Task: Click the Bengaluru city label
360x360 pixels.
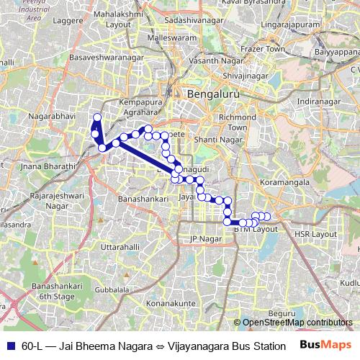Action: [x=207, y=94]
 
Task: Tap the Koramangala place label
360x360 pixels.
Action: [x=286, y=182]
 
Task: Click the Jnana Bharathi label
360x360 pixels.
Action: [x=49, y=166]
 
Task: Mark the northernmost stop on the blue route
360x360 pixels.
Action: [x=97, y=117]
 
